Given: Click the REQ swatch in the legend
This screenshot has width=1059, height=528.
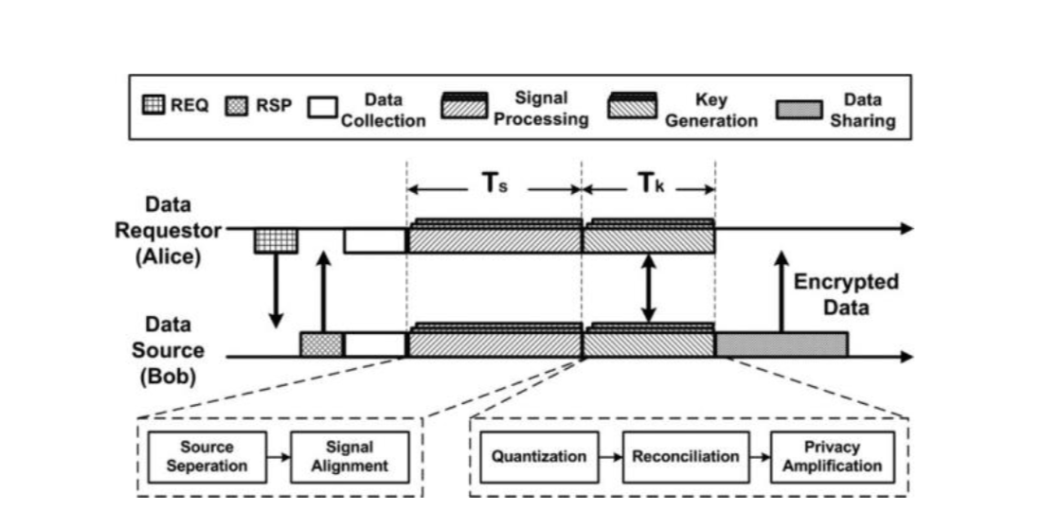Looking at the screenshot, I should pyautogui.click(x=153, y=106).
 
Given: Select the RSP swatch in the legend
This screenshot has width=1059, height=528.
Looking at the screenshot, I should pyautogui.click(x=236, y=106).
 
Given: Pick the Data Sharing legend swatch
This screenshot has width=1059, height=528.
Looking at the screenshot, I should pyautogui.click(x=799, y=110).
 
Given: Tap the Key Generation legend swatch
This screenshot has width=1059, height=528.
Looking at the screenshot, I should pyautogui.click(x=633, y=105).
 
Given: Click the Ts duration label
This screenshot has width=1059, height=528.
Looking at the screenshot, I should pyautogui.click(x=494, y=185).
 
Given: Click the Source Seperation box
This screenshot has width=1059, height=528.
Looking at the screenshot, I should pyautogui.click(x=206, y=457).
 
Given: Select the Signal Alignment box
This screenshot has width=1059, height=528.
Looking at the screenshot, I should pyautogui.click(x=350, y=457).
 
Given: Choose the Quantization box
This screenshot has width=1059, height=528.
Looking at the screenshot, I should pyautogui.click(x=539, y=457).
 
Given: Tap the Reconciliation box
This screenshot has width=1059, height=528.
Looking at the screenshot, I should pyautogui.click(x=685, y=457).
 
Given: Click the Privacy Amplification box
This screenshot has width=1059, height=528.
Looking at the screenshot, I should pyautogui.click(x=833, y=457).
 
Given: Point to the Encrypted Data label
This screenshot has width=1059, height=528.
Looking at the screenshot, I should pyautogui.click(x=846, y=293).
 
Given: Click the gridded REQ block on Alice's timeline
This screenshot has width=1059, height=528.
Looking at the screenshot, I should pyautogui.click(x=276, y=241).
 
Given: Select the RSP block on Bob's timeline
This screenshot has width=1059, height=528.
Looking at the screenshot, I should pyautogui.click(x=321, y=344).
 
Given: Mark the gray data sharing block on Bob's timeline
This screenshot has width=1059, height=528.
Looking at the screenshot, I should pyautogui.click(x=781, y=344).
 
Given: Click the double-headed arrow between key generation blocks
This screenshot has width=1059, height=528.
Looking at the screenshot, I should pyautogui.click(x=648, y=289).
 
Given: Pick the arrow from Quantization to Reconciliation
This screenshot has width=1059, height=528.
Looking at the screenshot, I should pyautogui.click(x=611, y=457).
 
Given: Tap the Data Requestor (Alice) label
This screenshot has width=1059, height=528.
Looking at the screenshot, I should pyautogui.click(x=170, y=230).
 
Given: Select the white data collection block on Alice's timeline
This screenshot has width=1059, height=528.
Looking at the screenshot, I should pyautogui.click(x=375, y=241).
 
